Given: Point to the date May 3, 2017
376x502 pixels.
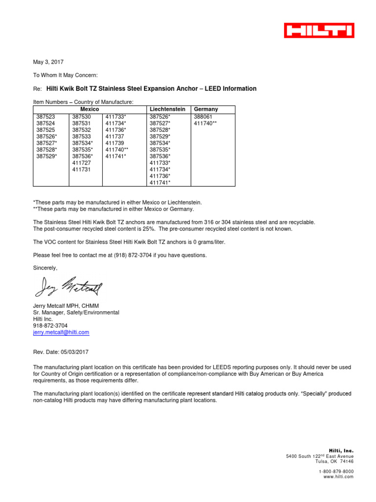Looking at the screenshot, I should pos(48,62).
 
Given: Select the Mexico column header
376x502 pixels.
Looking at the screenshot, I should pos(90,109).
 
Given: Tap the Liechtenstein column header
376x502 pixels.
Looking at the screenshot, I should pos(168,109).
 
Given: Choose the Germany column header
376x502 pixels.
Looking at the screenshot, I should pos(206,109).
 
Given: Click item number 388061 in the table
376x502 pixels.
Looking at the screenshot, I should pos(204,117).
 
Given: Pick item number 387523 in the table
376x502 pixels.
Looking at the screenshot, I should pos(46,117).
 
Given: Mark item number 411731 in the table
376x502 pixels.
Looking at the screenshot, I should pos(82,169).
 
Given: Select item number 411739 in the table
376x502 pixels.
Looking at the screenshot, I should pos(115,143).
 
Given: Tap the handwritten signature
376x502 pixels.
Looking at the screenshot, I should pos(68,286).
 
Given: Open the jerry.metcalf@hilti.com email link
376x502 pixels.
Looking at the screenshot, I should pos(61,332).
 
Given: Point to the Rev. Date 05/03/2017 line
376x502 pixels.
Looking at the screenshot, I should pos(61,352).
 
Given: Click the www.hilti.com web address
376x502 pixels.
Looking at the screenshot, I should pos(338,477).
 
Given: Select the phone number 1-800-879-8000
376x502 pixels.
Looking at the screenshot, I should pos(336,471).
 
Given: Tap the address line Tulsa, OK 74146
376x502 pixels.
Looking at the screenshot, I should pos(334,461).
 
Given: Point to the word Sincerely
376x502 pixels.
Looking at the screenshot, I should pos(45,268).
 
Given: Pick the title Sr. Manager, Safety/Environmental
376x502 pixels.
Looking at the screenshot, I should pos(76,312).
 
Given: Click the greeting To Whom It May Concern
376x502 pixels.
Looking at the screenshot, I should pos(65,75).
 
